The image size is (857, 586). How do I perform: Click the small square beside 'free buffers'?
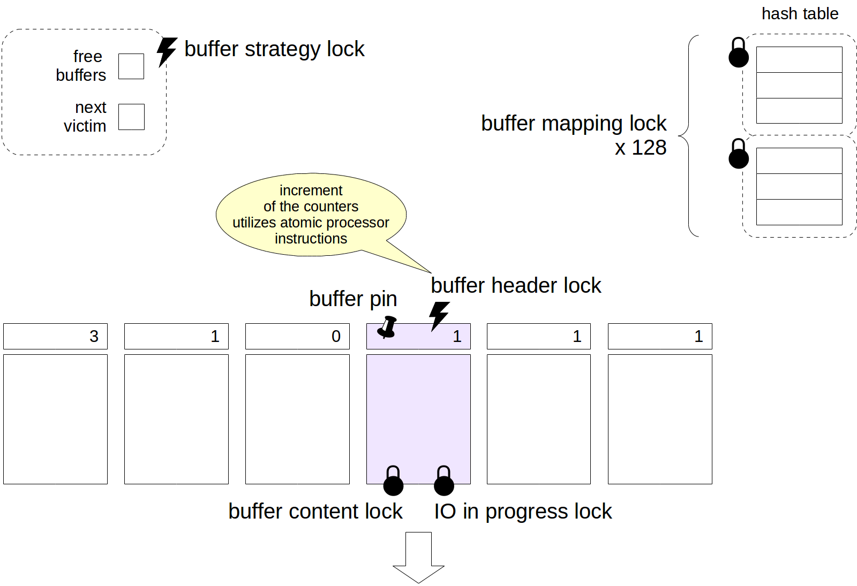point(131,66)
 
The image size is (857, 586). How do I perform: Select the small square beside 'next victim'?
point(131,117)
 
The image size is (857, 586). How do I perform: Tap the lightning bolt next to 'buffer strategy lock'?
point(167,51)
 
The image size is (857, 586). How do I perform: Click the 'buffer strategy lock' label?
point(274,49)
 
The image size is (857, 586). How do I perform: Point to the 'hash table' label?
point(800,14)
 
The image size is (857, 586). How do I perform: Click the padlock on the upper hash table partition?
point(739,53)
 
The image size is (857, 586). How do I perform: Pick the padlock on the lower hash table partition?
point(739,154)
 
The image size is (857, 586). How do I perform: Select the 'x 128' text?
point(641,148)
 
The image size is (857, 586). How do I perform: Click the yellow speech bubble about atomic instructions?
point(311,215)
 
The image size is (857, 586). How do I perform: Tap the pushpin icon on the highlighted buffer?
point(387,326)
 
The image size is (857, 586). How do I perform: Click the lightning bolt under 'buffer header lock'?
point(439,315)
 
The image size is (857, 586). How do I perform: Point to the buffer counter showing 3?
point(55,336)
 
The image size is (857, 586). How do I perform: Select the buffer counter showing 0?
point(297,336)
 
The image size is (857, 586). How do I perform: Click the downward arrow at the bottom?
point(418,557)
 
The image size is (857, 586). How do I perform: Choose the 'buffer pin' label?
point(353,299)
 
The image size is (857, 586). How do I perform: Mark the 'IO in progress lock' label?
point(523,512)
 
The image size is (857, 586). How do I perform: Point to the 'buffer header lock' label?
point(516,286)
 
